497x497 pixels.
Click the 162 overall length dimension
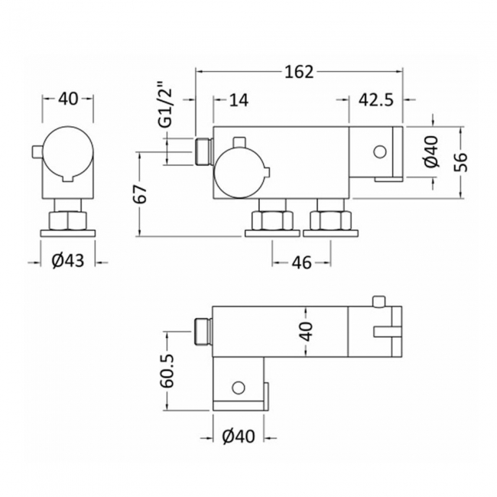(299, 72)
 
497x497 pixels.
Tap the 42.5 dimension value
(376, 100)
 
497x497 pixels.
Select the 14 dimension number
(239, 100)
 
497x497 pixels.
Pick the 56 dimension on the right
(462, 162)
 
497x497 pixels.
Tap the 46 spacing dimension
(302, 263)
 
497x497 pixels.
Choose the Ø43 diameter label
(68, 261)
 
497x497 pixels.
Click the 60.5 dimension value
(167, 371)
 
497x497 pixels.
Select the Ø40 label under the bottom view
(239, 437)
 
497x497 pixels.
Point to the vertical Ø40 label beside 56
(432, 151)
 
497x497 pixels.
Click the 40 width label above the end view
(68, 99)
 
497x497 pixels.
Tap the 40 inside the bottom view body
(306, 331)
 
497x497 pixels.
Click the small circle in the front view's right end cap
(380, 152)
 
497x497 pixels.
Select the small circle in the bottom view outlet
(239, 388)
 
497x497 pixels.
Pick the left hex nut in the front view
(272, 221)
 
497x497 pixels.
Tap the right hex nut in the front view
(331, 221)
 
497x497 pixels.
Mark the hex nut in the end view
(68, 221)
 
